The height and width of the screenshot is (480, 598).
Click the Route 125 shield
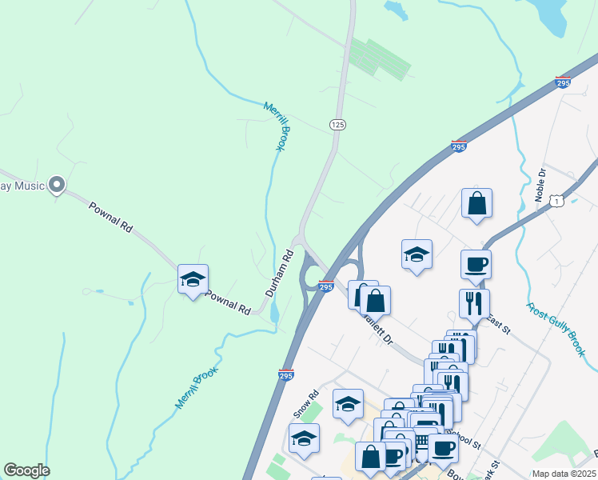tap(337, 125)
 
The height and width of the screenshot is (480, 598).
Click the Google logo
tap(26, 470)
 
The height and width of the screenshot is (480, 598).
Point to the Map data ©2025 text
tap(563, 474)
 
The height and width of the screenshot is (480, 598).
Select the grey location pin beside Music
tap(56, 186)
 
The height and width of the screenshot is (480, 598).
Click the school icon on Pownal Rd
tap(193, 279)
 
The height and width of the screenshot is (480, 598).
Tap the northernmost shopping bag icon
tap(476, 204)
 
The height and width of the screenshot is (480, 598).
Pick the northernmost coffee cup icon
tap(476, 264)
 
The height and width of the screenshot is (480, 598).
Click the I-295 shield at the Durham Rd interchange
tap(325, 286)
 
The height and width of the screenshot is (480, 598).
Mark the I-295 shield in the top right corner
tap(563, 82)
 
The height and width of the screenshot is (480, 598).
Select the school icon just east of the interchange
tap(417, 254)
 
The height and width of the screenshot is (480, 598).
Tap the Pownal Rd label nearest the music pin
tap(110, 216)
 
